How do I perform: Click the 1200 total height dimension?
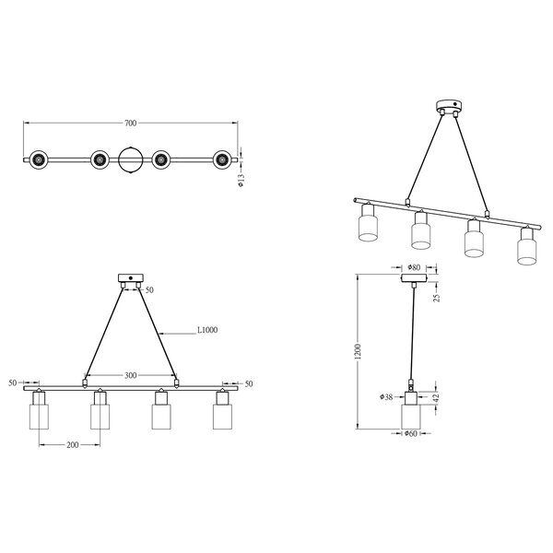click(x=358, y=351)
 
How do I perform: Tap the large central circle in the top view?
click(x=130, y=160)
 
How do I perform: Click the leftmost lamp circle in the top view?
click(x=38, y=160)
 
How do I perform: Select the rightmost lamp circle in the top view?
click(x=222, y=160)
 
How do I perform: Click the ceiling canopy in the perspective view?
click(x=451, y=105)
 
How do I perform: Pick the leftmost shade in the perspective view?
click(x=367, y=227)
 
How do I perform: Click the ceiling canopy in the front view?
click(x=131, y=277)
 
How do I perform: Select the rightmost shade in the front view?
click(x=222, y=416)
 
